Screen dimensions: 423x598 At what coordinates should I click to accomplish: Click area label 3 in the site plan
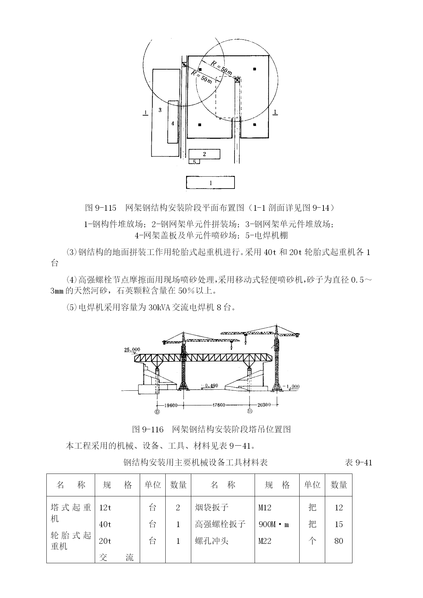160,110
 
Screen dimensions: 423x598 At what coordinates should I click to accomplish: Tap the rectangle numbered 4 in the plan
173,122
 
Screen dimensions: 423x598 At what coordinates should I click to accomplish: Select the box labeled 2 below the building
204,154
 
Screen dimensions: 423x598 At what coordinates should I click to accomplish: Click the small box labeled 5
195,162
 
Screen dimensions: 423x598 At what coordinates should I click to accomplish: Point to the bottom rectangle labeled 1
210,182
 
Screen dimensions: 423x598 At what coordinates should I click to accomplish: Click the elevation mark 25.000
132,349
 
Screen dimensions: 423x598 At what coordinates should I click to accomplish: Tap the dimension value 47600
218,405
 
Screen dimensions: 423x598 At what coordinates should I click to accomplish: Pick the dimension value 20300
264,405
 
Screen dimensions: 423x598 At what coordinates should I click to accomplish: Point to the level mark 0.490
211,386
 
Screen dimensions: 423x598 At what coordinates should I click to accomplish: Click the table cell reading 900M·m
274,524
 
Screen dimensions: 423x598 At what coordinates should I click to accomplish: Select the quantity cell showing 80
339,541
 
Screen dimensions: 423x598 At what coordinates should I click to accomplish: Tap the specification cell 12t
105,508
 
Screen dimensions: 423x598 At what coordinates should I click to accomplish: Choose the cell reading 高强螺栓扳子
220,524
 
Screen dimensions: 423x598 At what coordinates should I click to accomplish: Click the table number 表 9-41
359,463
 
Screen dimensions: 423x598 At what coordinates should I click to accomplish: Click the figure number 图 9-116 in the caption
148,429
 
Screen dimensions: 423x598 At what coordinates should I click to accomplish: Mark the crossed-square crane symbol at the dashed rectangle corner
237,80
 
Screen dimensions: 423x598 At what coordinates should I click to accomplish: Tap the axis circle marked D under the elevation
157,412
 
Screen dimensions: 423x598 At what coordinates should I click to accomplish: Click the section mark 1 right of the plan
275,112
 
